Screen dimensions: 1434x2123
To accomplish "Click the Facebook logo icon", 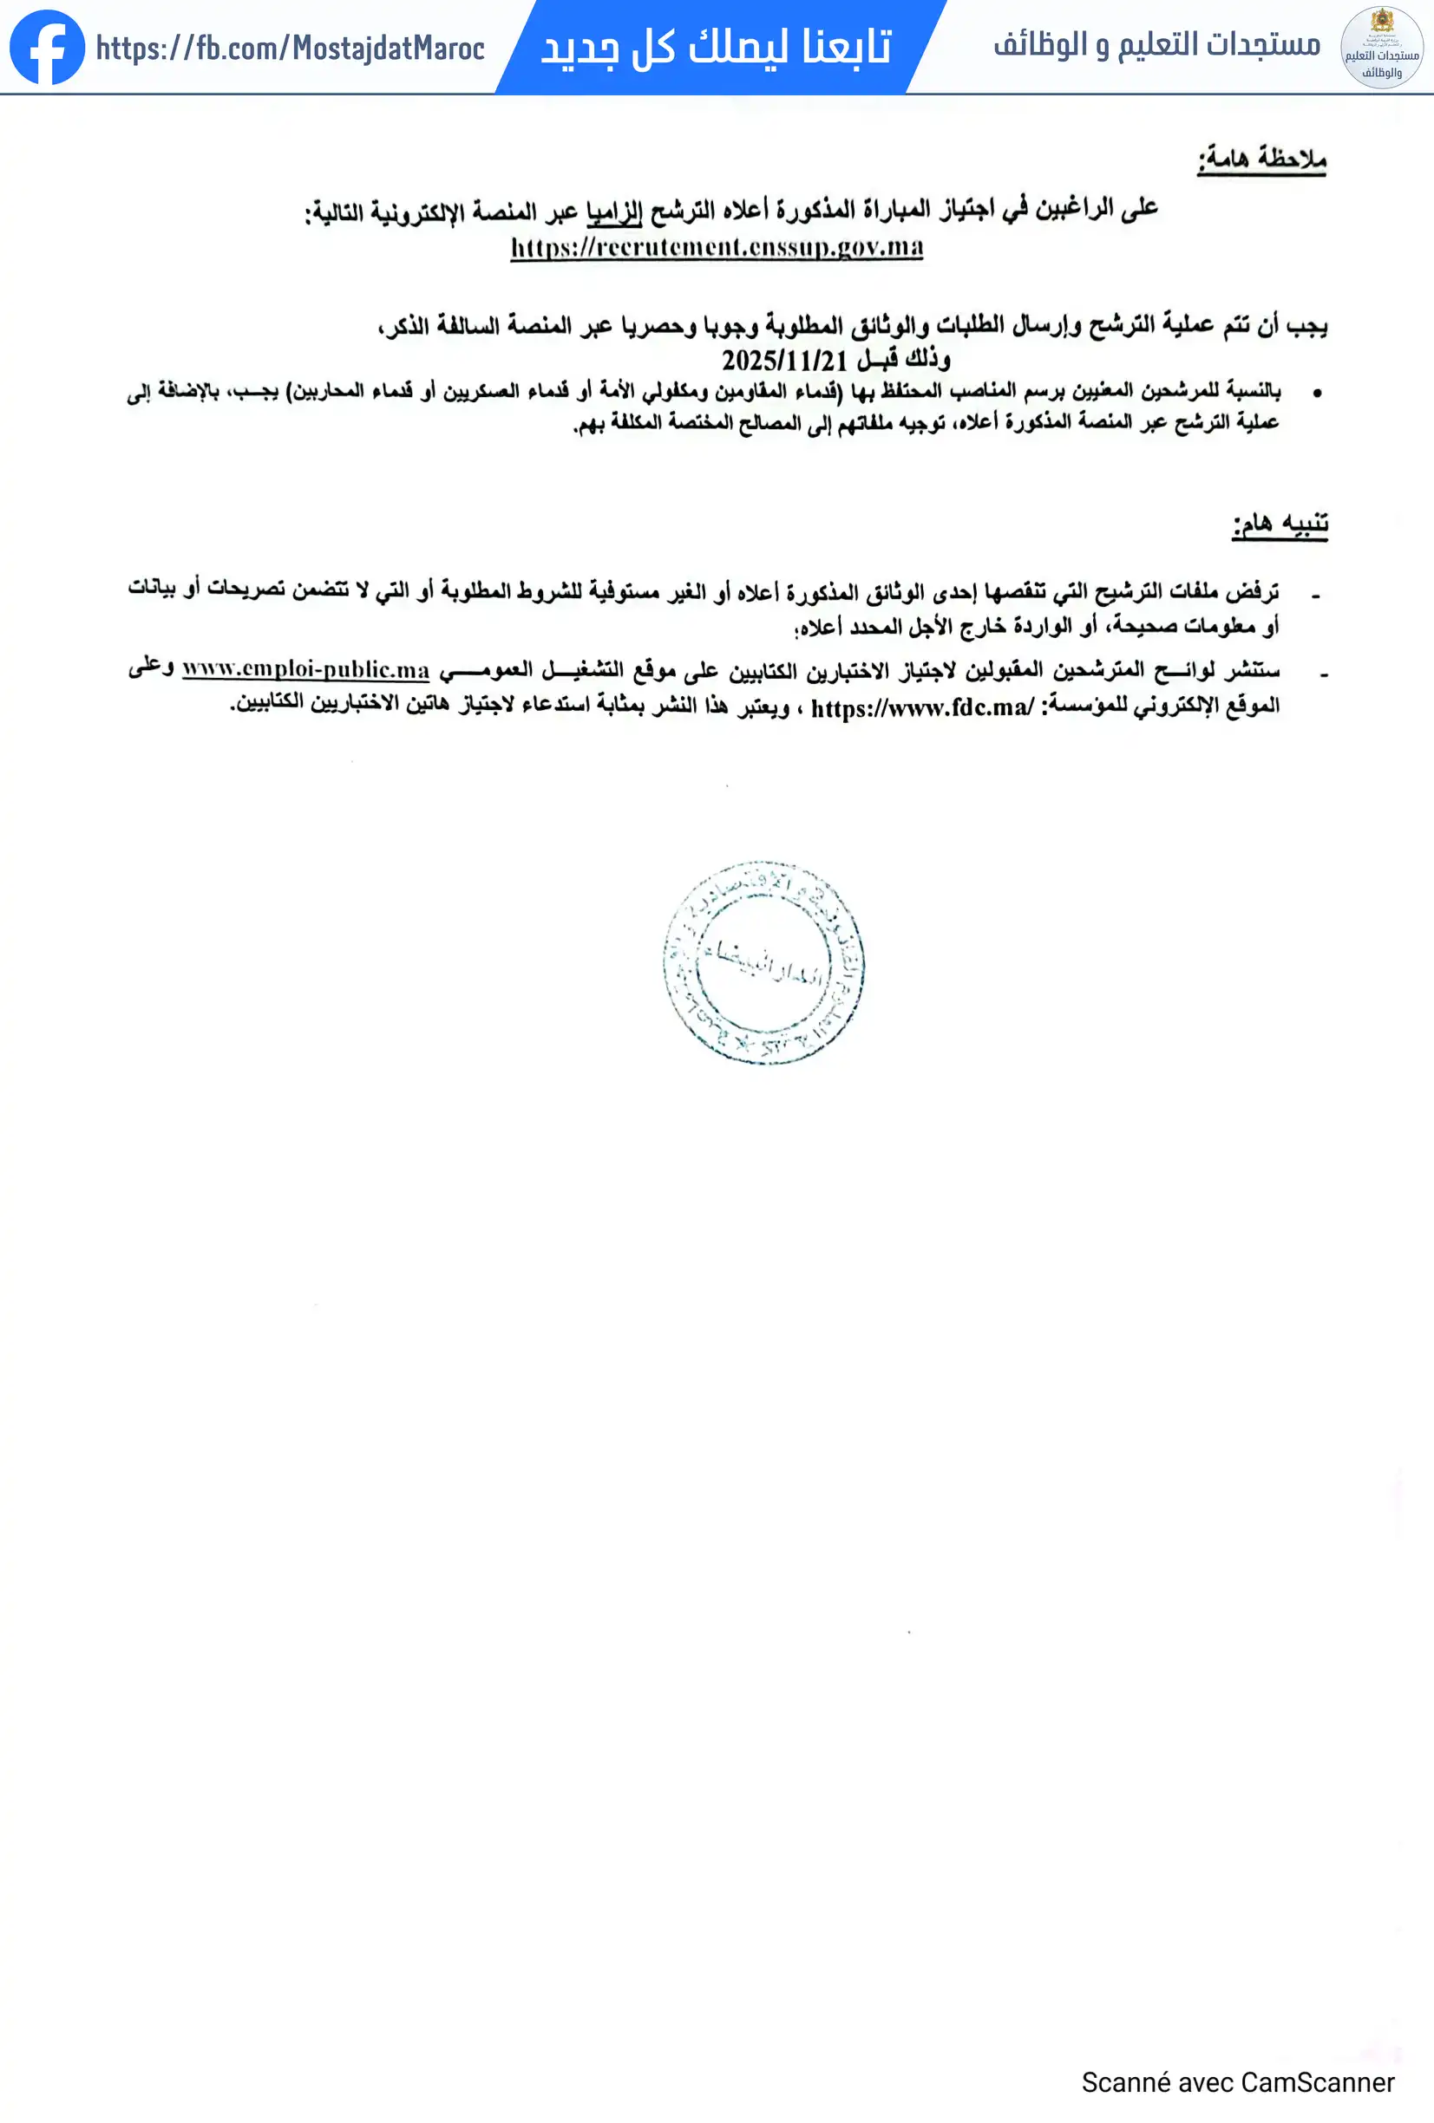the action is (47, 48).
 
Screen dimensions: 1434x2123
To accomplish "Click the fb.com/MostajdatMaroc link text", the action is (290, 49).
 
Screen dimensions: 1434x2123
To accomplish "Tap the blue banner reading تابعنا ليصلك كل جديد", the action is (717, 48).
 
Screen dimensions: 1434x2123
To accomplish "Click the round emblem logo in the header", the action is (1381, 48).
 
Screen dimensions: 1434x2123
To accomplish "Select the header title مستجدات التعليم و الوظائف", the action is (1156, 44).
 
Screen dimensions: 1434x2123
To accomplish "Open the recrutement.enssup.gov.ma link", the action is (717, 247).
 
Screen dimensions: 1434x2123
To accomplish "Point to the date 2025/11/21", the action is (784, 360).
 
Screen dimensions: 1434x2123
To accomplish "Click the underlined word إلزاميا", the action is (614, 211).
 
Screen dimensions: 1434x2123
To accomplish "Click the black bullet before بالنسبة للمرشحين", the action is (1317, 393).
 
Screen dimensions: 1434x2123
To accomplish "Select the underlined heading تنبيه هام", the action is (1280, 524).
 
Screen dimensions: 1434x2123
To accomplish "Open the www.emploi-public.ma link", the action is (305, 669).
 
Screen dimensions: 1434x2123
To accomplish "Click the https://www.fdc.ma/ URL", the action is (921, 707).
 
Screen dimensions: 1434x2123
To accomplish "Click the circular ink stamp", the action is (763, 961).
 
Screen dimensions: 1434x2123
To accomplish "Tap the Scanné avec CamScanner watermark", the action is (1237, 2082).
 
